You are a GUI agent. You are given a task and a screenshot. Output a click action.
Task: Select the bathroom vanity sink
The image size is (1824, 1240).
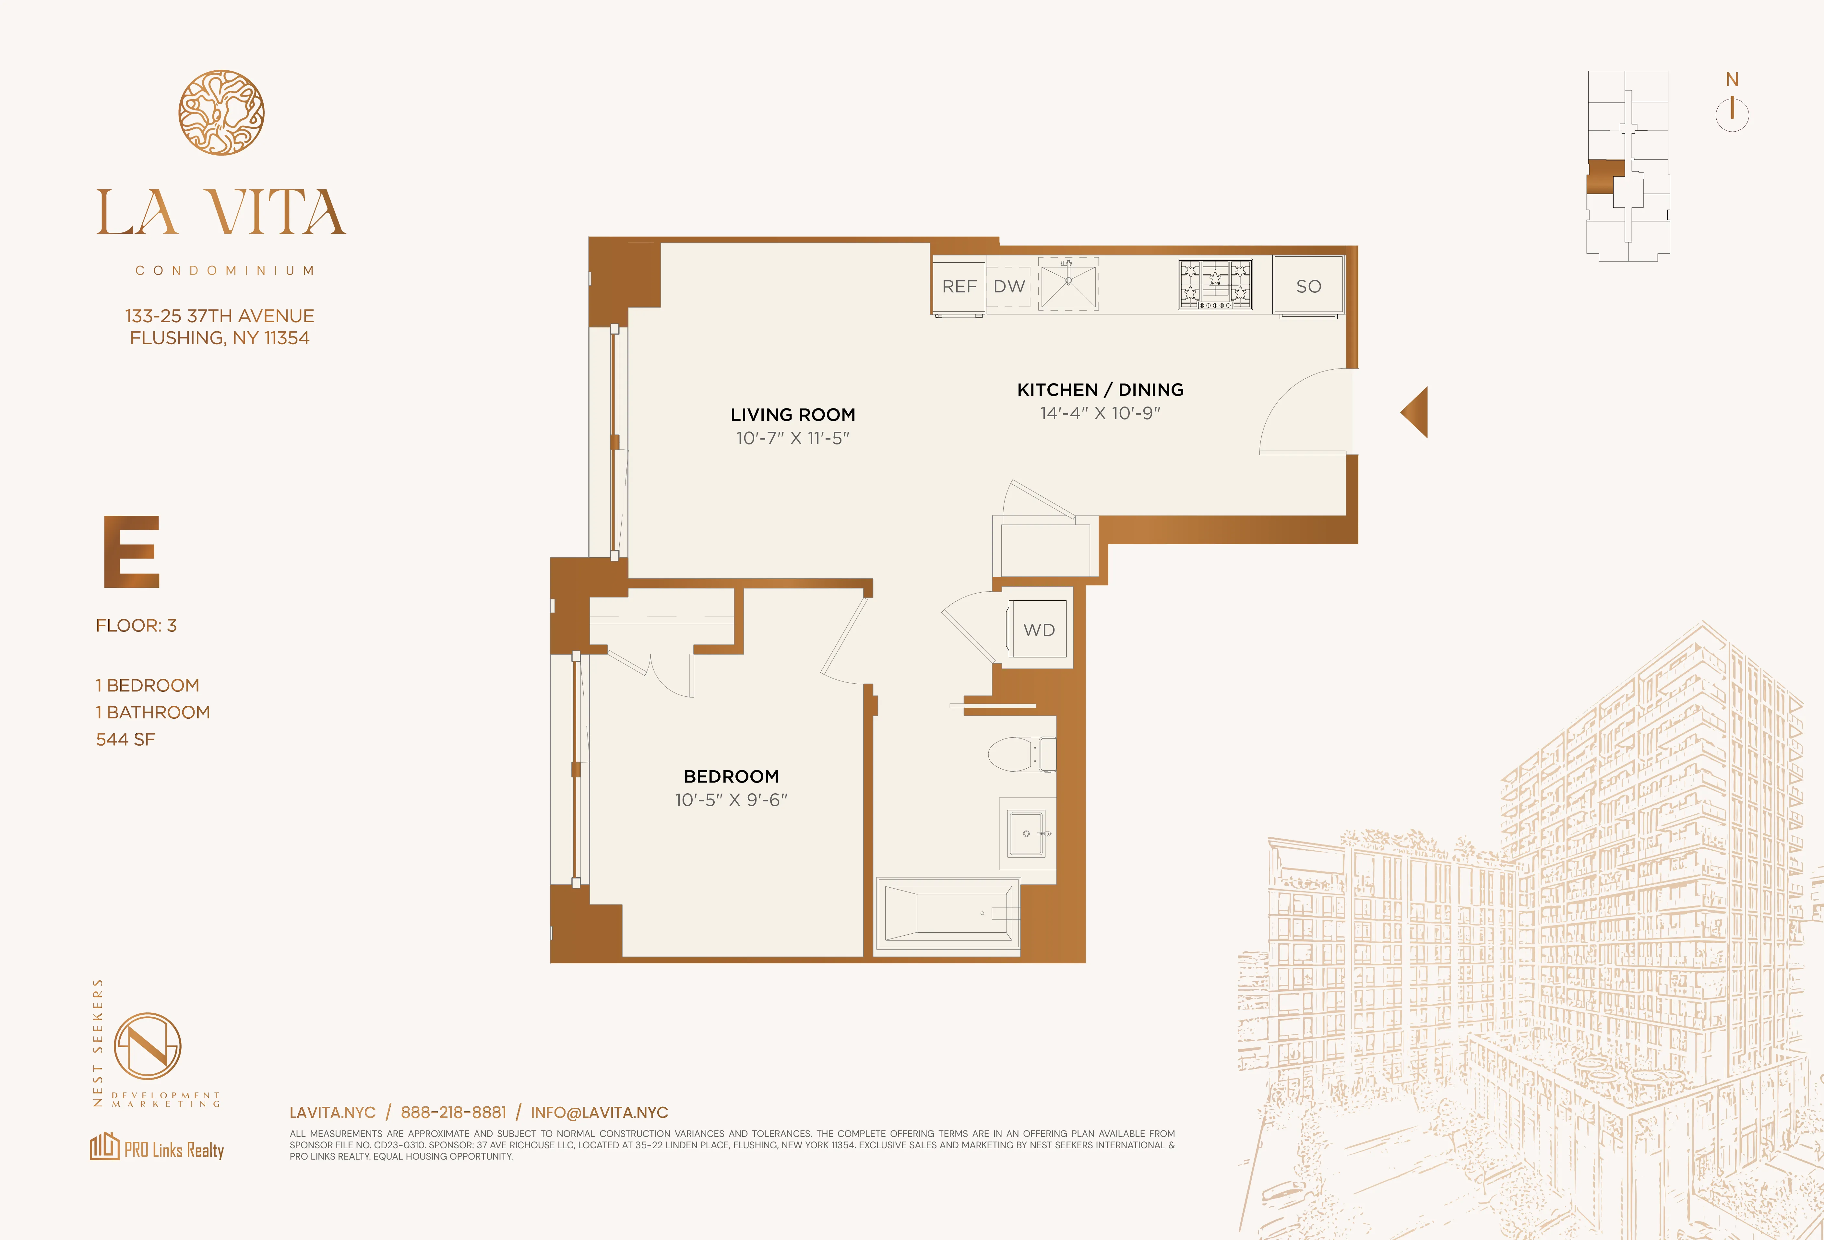[x=1027, y=833]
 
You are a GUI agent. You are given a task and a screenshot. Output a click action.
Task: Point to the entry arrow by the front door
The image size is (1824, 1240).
[x=1416, y=412]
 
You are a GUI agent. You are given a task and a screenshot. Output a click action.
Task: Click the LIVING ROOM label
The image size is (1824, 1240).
[x=793, y=414]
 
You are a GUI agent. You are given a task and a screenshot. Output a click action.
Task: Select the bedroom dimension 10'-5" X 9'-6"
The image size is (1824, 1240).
[x=731, y=800]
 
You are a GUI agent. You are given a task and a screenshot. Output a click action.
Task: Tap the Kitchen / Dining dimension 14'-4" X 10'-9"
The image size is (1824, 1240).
[x=1100, y=413]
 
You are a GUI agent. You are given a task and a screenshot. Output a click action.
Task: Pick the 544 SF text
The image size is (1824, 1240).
[x=125, y=739]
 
